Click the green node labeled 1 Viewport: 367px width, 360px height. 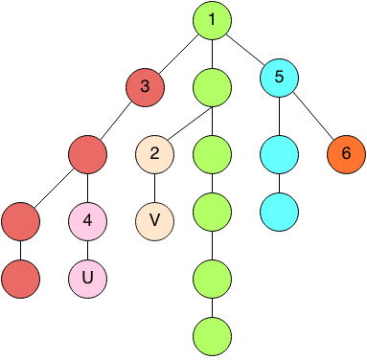[x=212, y=20]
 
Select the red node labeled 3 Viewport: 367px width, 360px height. [x=145, y=87]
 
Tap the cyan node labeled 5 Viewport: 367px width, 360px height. [x=279, y=78]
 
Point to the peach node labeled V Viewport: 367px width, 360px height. [x=154, y=221]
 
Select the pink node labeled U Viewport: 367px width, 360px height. [x=87, y=279]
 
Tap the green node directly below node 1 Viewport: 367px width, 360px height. [x=212, y=87]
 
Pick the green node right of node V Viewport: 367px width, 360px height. [x=212, y=212]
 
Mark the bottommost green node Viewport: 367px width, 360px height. [x=212, y=336]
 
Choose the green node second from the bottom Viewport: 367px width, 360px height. [x=212, y=279]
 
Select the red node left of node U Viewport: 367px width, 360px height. [x=20, y=279]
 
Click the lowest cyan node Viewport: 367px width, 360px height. [x=279, y=212]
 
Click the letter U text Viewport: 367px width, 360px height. [x=87, y=279]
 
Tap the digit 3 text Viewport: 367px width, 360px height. [x=145, y=87]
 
